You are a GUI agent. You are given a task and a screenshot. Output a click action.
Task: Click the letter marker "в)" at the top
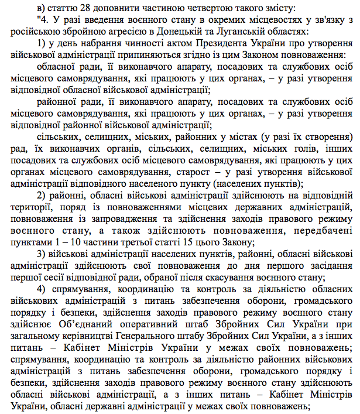pos(40,7)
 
